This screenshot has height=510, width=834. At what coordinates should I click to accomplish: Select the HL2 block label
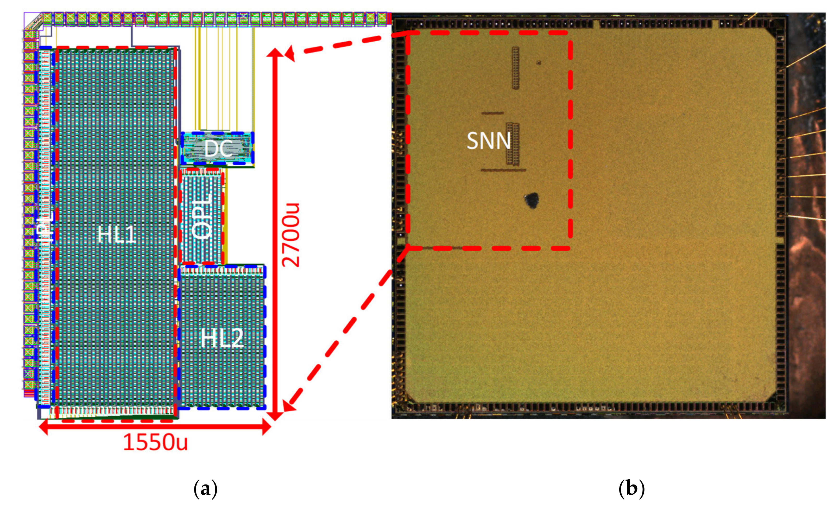222,338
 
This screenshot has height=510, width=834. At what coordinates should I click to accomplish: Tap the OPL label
202,216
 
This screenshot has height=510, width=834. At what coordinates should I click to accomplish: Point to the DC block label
218,149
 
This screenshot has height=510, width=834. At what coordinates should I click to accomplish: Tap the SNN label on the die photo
488,141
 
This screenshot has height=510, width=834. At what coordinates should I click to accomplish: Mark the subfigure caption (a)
205,489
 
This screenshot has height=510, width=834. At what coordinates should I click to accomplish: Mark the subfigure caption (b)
631,489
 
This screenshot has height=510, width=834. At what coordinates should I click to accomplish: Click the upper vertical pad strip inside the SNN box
515,68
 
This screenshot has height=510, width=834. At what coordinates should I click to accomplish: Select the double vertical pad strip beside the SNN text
513,144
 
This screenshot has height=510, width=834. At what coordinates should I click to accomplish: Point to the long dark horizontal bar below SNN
503,170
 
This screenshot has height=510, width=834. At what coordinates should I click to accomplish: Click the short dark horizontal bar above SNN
492,113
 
